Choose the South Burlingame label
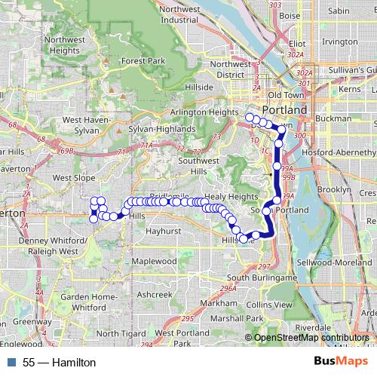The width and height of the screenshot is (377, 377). click(262, 278)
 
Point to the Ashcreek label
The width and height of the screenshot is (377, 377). click(155, 294)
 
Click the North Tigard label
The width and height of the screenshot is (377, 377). click(123, 333)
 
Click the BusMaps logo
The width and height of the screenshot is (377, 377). click(336, 362)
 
